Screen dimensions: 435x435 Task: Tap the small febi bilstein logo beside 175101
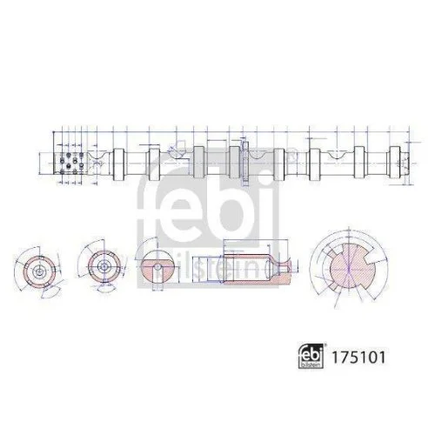tap(319, 357)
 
